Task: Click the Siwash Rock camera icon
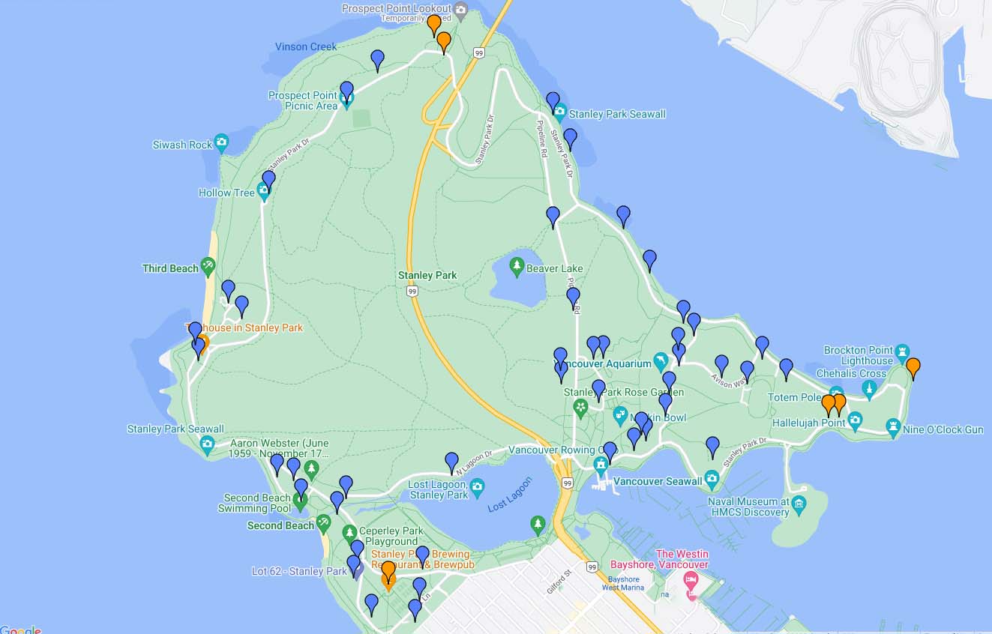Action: pyautogui.click(x=221, y=141)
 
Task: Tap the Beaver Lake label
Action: pyautogui.click(x=554, y=268)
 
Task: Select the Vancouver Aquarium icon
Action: pyautogui.click(x=661, y=362)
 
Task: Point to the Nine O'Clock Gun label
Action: pyautogui.click(x=943, y=429)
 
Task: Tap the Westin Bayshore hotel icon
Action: pyautogui.click(x=691, y=580)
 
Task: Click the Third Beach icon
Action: pyautogui.click(x=208, y=265)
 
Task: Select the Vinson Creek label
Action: pyautogui.click(x=306, y=46)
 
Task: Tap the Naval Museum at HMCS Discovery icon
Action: pyautogui.click(x=799, y=503)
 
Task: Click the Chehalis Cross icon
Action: pyautogui.click(x=870, y=388)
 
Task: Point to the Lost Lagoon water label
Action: pyautogui.click(x=509, y=495)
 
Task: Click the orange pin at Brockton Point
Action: pyautogui.click(x=913, y=367)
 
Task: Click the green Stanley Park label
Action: pyautogui.click(x=427, y=275)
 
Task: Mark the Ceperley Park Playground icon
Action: pyautogui.click(x=349, y=533)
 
